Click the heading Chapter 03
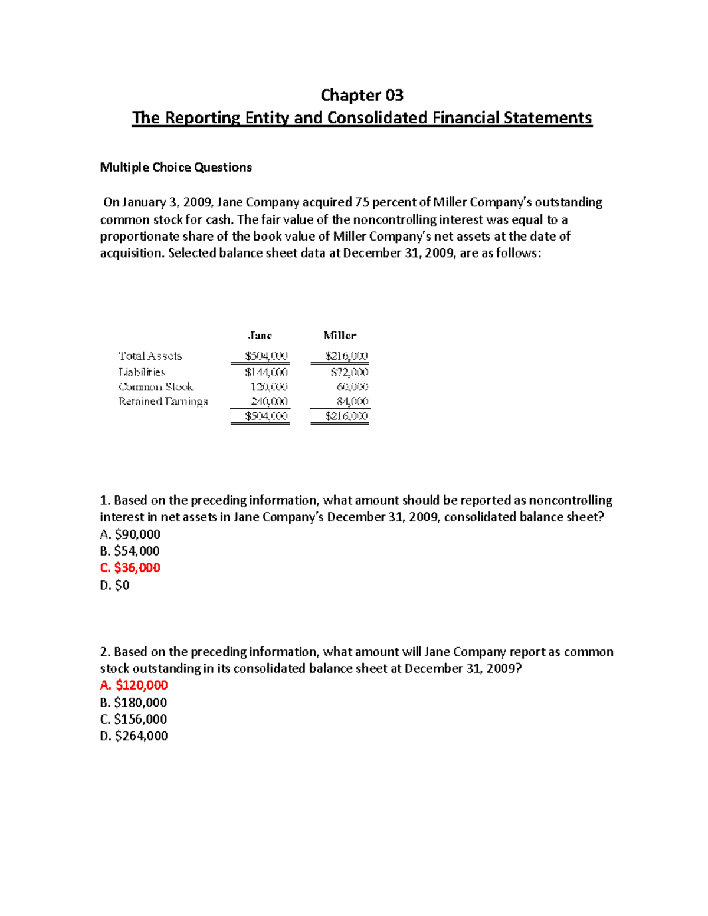[362, 95]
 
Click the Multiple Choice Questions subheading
[176, 168]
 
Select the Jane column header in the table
[260, 336]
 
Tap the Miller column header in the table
[340, 336]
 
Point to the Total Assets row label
[150, 356]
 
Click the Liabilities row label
[142, 372]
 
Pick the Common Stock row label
[156, 387]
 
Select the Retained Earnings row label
[163, 401]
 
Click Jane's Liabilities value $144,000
[267, 372]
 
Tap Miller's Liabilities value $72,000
[349, 372]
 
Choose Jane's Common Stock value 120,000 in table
[269, 387]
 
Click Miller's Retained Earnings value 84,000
[352, 401]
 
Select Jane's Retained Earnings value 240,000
[269, 401]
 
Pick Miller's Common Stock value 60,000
[352, 387]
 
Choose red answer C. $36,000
[130, 567]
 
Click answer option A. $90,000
[130, 534]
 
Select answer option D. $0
[115, 585]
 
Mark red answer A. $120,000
[134, 685]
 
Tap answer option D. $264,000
[134, 736]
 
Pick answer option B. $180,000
[134, 702]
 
